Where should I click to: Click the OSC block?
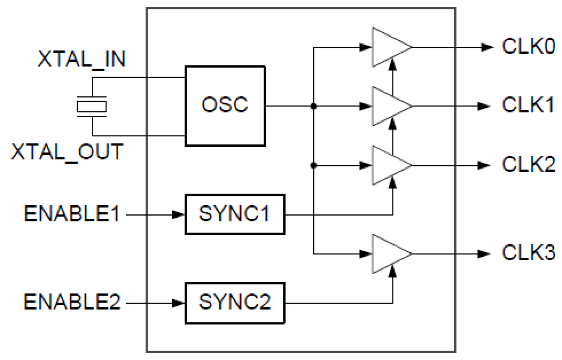[225, 106]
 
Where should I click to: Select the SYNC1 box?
[235, 214]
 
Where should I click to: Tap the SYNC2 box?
[235, 303]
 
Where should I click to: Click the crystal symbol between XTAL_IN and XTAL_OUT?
[92, 106]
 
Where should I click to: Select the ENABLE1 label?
[72, 214]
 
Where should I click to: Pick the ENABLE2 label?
[72, 303]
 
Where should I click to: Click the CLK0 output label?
[528, 47]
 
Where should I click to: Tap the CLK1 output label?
[528, 106]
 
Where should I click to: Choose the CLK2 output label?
[528, 165]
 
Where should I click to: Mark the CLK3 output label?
[528, 254]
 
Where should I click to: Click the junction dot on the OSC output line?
[314, 106]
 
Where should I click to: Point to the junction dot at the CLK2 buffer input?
[314, 165]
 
